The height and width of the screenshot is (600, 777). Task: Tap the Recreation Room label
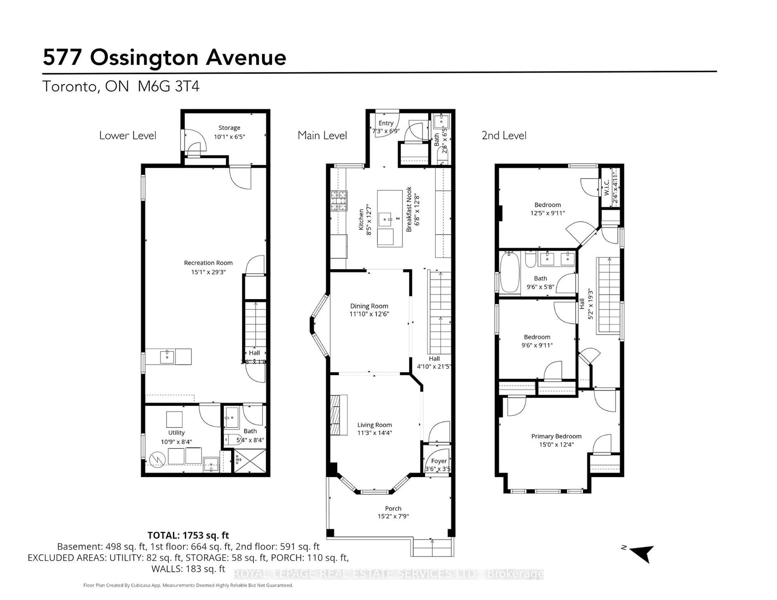[x=208, y=263]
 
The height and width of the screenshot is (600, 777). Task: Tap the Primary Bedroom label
[x=556, y=436]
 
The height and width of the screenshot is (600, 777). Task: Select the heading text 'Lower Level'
[x=128, y=136]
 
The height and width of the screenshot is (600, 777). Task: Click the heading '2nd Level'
[x=504, y=136]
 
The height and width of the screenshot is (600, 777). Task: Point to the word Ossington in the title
[x=144, y=58]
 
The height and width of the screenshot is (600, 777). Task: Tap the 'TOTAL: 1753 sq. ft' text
[x=188, y=535]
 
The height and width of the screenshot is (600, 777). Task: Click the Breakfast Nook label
[x=409, y=210]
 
